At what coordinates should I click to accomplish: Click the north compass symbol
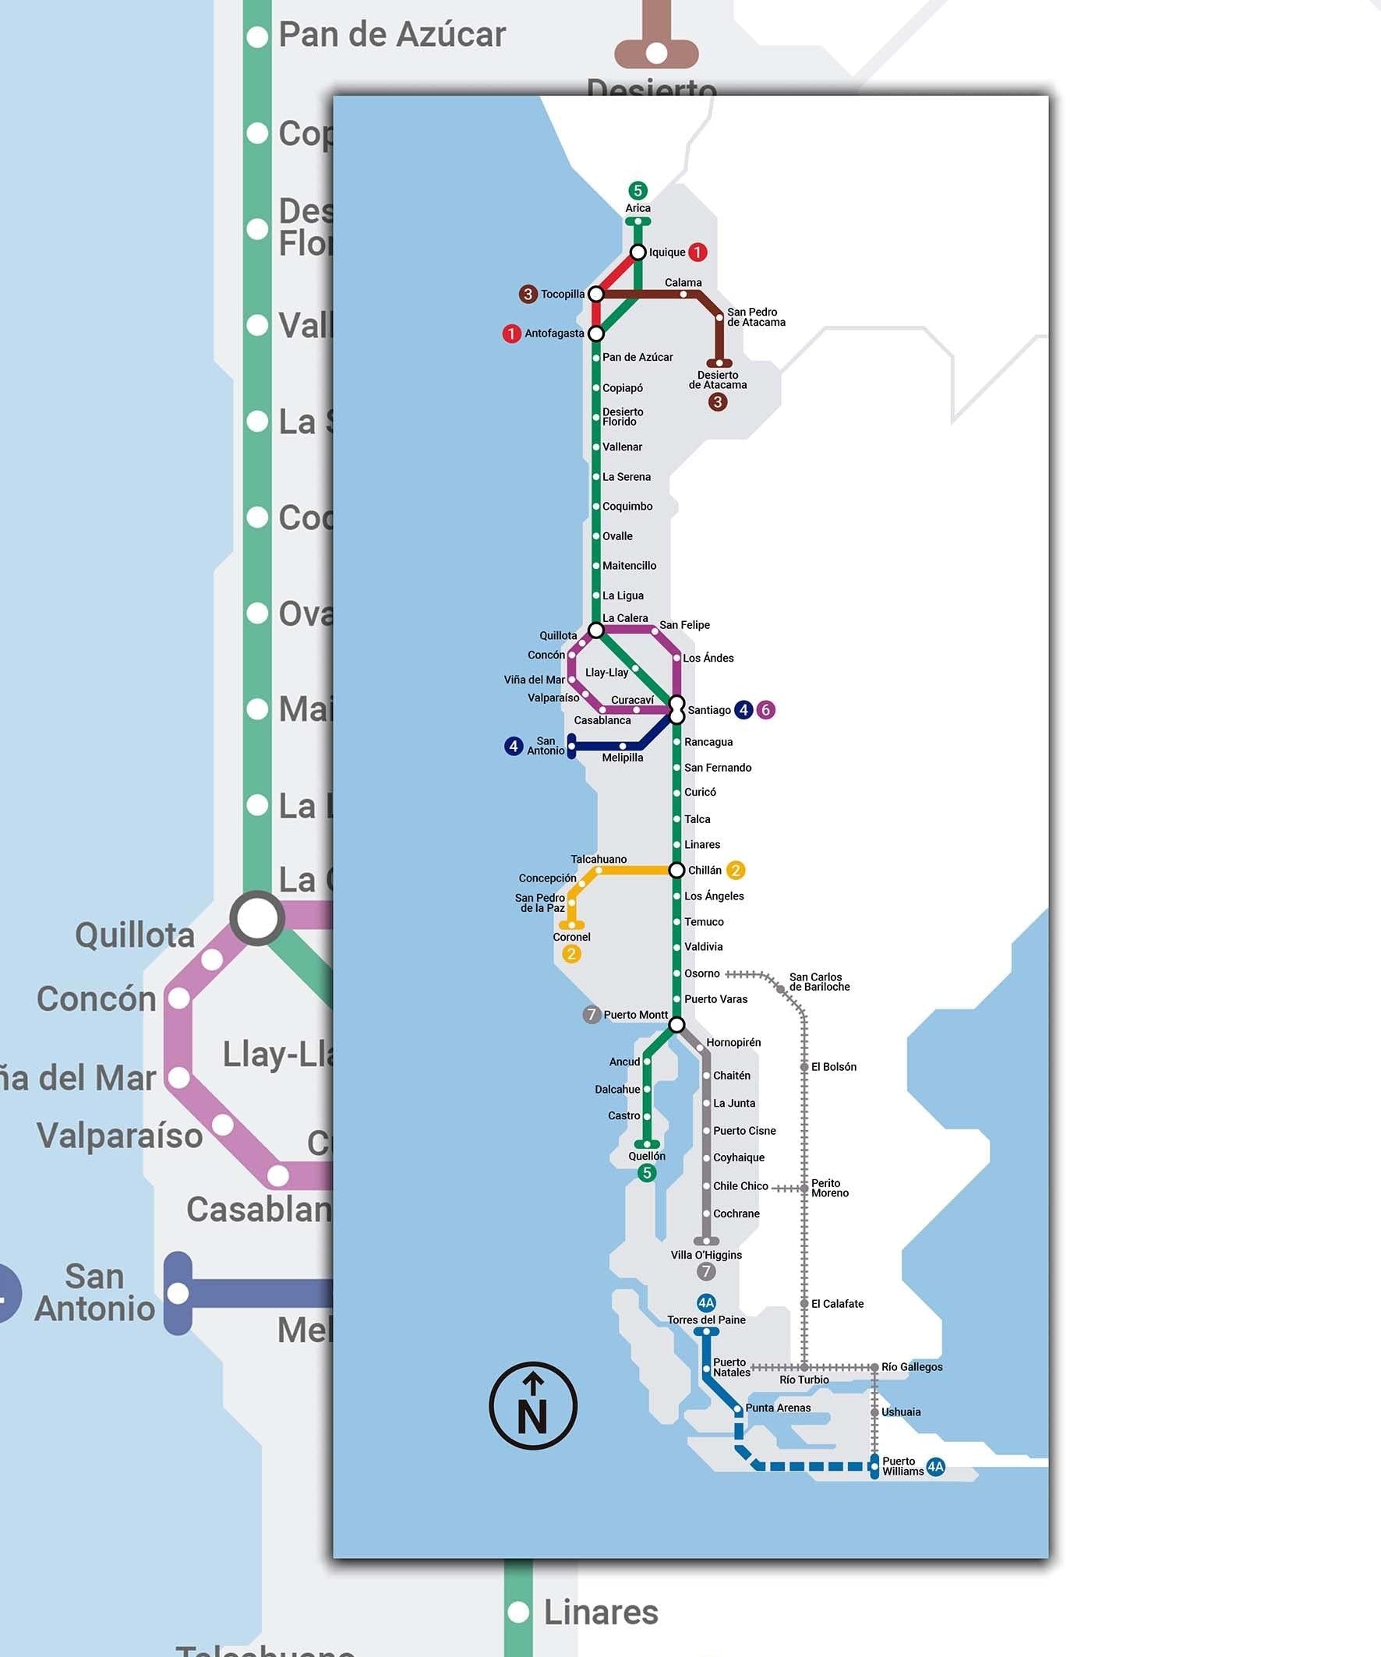pos(532,1405)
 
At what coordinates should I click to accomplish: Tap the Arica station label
pos(638,208)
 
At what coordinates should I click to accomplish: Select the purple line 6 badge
pos(765,709)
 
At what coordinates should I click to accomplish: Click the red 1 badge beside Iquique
pos(697,252)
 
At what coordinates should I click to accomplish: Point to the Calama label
pos(683,282)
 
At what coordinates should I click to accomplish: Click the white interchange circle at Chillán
pos(676,870)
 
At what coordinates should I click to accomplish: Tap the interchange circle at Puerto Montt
pos(676,1024)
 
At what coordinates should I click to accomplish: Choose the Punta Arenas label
pos(777,1408)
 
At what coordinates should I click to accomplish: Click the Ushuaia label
pos(900,1411)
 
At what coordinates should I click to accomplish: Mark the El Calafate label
pos(836,1303)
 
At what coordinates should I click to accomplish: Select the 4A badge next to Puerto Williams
pos(935,1467)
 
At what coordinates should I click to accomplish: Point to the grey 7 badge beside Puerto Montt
pos(591,1015)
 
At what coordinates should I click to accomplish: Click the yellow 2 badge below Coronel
pos(571,953)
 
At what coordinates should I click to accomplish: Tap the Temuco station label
pos(704,921)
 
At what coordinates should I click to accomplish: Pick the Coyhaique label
pos(739,1157)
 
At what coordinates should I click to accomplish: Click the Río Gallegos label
pos(912,1366)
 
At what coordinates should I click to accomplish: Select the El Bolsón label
pos(833,1067)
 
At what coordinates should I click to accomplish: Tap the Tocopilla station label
pos(563,295)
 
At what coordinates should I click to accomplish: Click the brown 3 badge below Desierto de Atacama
pos(717,401)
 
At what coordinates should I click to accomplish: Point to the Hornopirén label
pos(733,1042)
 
